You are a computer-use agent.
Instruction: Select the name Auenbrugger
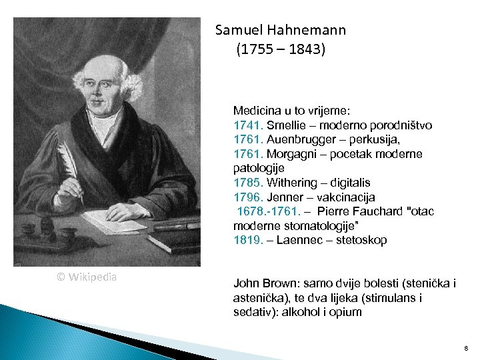click(x=303, y=139)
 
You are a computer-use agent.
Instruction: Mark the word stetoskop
click(x=358, y=240)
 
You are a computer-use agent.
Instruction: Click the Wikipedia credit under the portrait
click(x=87, y=277)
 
